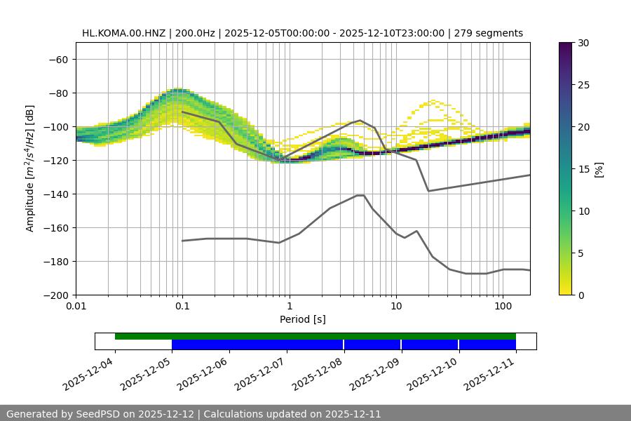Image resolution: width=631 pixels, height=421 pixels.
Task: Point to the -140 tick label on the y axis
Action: click(x=56, y=194)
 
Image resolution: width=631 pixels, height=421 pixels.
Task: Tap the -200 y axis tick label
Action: click(x=56, y=295)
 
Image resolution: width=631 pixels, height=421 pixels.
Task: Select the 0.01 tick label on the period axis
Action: click(x=76, y=307)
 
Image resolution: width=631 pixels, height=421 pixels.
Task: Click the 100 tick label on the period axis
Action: click(x=503, y=307)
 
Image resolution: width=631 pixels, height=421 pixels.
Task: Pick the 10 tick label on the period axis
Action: click(x=396, y=307)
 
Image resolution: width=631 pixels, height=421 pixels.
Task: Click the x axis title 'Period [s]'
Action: click(x=303, y=319)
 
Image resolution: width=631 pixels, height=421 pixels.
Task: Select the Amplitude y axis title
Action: click(x=30, y=168)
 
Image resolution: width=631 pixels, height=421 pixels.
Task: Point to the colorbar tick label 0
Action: click(x=581, y=295)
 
